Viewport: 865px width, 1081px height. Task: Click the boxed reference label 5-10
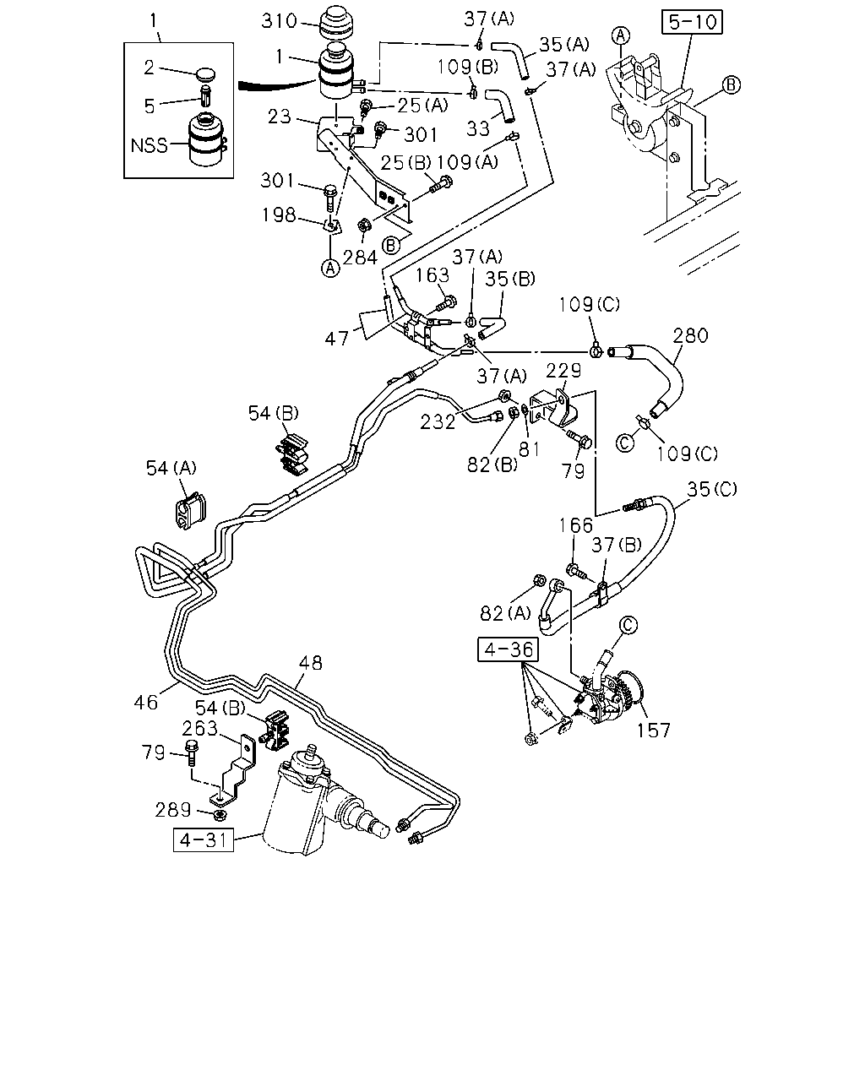tap(692, 22)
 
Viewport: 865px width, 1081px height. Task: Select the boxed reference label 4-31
tap(204, 839)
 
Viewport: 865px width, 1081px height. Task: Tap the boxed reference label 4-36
tap(508, 649)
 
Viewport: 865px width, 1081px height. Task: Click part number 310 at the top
tap(280, 20)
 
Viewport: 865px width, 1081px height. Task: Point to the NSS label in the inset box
tap(149, 145)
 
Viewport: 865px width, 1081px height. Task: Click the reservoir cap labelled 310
tap(335, 23)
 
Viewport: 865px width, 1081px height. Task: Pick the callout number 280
tap(691, 335)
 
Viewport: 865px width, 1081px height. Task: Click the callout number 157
tap(654, 731)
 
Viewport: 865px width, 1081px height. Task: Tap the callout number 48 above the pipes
tap(310, 663)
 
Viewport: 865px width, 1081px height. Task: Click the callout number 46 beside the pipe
tap(146, 703)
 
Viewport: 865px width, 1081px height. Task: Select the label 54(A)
tap(171, 468)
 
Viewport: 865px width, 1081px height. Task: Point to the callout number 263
tap(199, 728)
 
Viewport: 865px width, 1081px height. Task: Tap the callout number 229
tap(563, 371)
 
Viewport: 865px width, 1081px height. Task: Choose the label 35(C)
tap(712, 489)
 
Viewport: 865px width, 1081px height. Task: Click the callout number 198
tap(279, 215)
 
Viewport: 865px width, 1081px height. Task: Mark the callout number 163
tap(432, 275)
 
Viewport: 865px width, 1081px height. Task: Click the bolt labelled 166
tap(574, 571)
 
